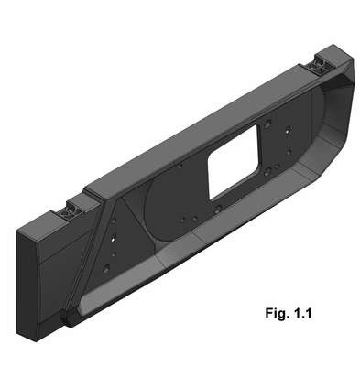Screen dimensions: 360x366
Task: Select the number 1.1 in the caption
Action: coord(302,313)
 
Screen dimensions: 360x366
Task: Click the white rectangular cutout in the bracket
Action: coord(233,162)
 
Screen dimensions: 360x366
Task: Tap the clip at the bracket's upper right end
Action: coord(319,68)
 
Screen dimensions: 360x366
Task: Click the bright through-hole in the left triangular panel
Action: coord(113,238)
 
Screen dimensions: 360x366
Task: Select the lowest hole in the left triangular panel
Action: coord(106,269)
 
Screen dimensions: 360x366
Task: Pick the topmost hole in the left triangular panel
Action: coord(114,221)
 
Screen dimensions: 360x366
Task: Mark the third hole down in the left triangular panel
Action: coord(114,253)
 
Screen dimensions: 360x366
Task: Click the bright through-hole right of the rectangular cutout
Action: coord(288,131)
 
